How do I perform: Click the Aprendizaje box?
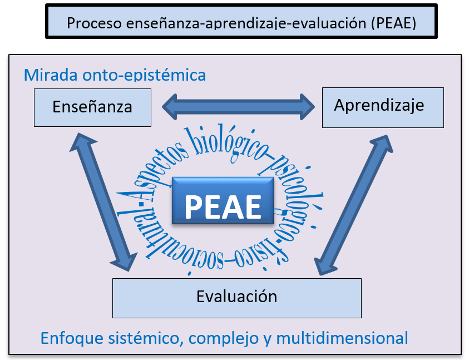[382, 106]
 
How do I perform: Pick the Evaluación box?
[237, 297]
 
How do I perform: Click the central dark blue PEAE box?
[223, 201]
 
